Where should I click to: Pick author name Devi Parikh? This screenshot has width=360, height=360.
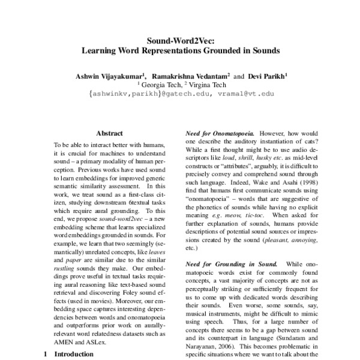pos(264,77)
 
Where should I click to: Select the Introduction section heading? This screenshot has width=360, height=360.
pos(74,355)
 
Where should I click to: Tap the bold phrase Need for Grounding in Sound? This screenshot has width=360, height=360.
pos(226,264)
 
